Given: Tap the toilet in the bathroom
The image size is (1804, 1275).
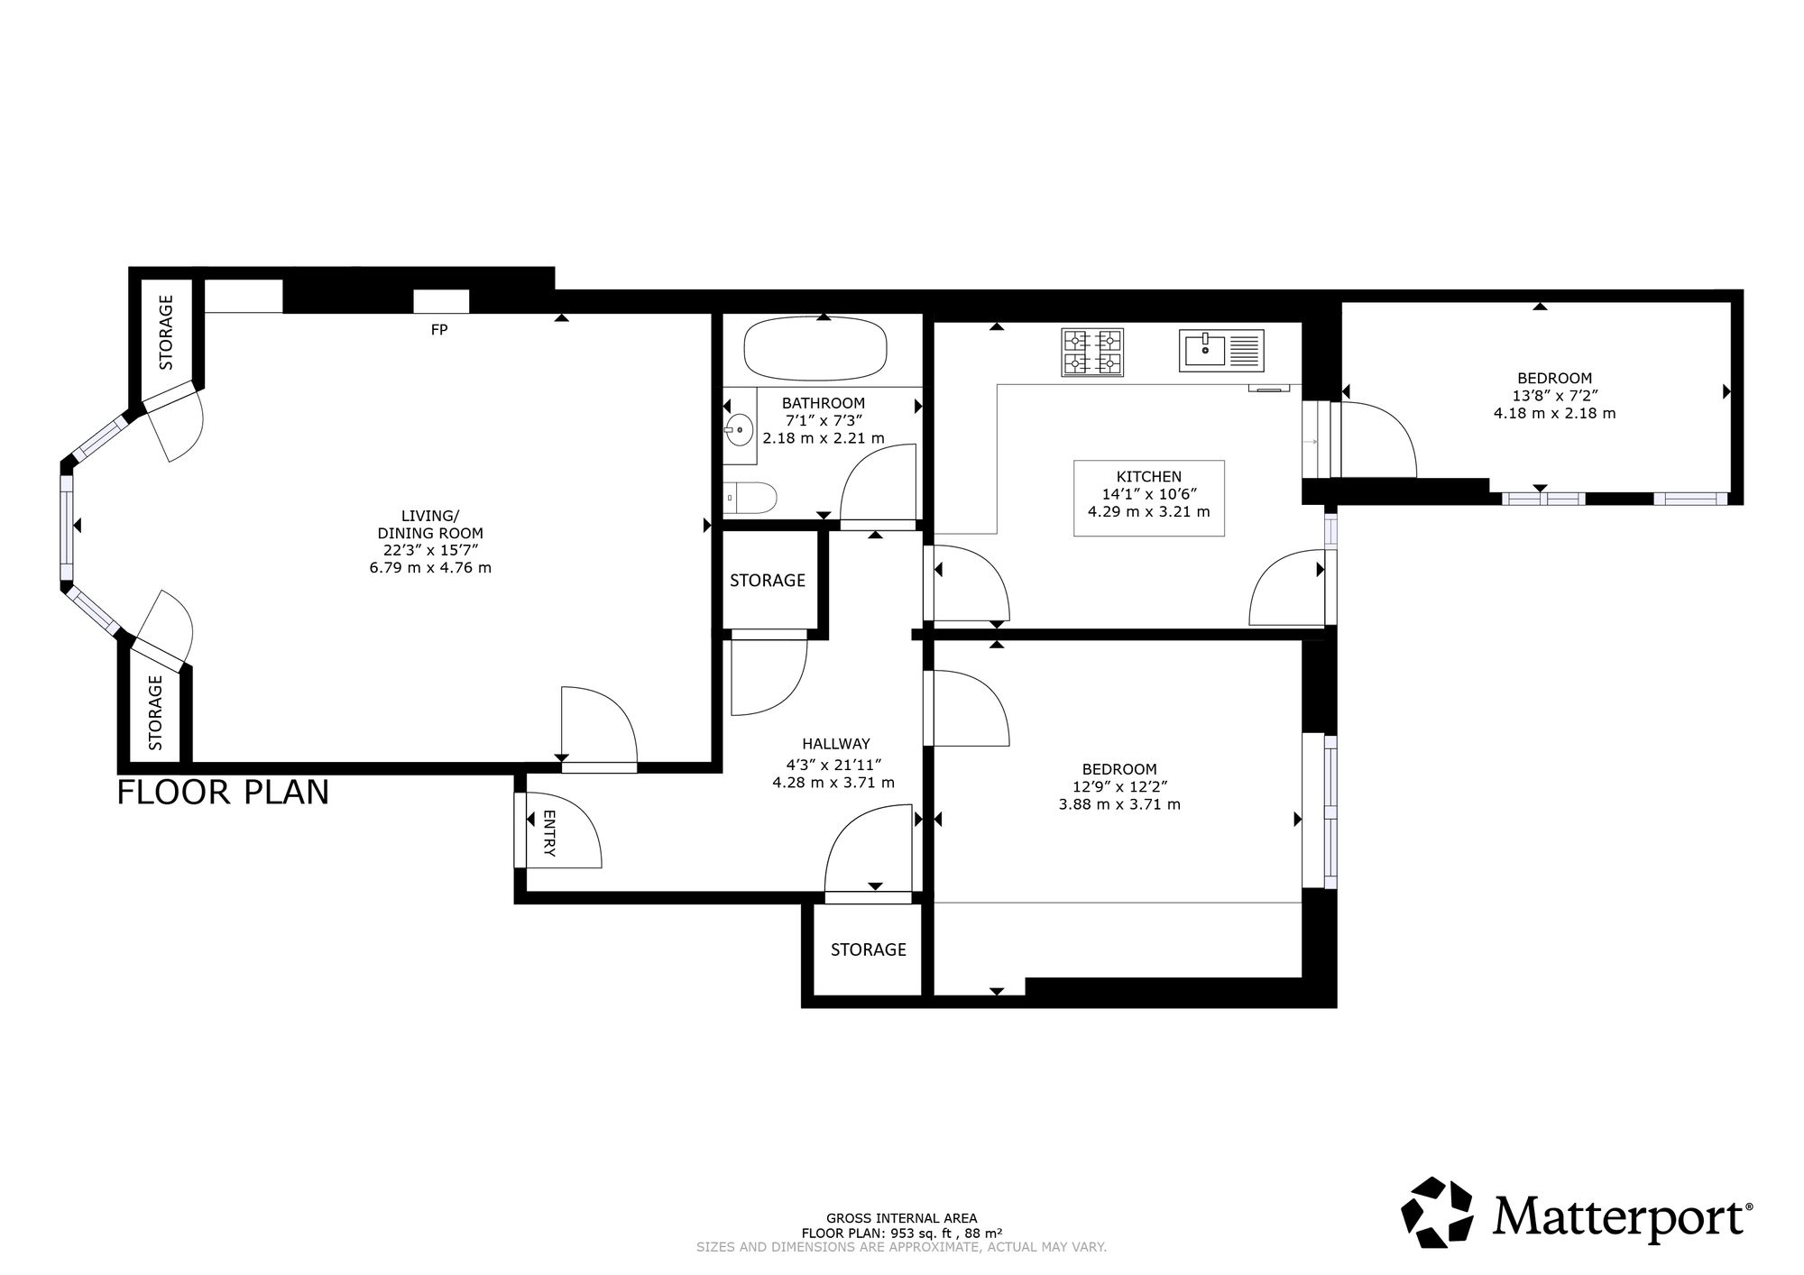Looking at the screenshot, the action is pos(751,497).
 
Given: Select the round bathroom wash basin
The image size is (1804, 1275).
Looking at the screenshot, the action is pos(739,430).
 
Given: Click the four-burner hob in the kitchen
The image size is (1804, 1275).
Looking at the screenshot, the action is pos(1093,352).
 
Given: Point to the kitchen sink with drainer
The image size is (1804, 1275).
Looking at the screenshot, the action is pos(1222,351).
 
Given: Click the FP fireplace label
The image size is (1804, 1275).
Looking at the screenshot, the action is pos(439,330).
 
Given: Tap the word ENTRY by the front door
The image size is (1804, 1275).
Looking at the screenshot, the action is pos(549,832).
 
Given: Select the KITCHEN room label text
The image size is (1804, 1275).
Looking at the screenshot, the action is pos(1148,477).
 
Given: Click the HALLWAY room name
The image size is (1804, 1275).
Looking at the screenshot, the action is pos(836,744).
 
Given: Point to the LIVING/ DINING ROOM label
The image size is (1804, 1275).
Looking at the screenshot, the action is pos(430,524).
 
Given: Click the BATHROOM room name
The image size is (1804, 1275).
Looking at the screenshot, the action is pos(823,403).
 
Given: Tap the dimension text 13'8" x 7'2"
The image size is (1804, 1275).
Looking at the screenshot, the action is pos(1554,396).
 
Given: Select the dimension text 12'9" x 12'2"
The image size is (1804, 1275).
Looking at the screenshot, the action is pos(1119,786).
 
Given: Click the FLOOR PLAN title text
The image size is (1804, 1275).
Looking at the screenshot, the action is pos(223,793).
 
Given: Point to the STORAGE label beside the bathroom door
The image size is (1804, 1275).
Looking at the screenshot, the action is pos(768,581).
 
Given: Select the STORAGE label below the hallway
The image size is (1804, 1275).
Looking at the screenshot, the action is pos(869,949).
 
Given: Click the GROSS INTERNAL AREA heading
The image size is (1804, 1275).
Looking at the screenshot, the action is pos(901,1218).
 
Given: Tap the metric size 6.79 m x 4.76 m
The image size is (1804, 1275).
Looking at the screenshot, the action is pos(430,568).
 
